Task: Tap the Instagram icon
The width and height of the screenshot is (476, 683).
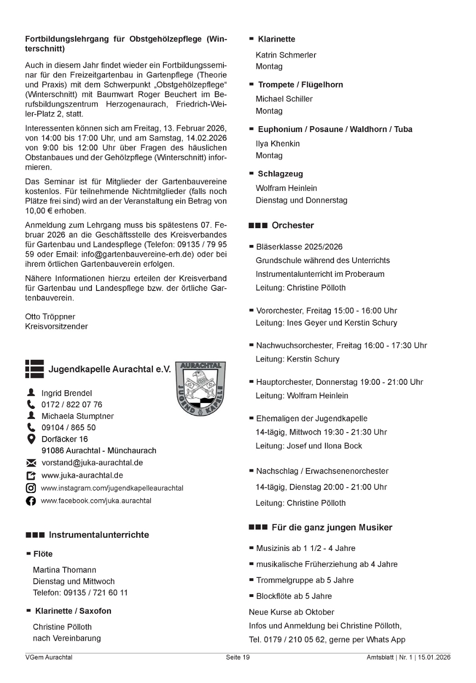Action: tap(31, 488)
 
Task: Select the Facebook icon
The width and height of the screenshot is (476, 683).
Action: tap(31, 501)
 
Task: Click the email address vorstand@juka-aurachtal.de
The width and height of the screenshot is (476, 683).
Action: tap(92, 463)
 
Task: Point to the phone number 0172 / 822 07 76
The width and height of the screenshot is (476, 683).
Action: tap(71, 404)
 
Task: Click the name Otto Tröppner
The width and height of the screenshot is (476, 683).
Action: tap(50, 316)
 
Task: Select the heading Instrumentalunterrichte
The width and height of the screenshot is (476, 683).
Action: tap(99, 535)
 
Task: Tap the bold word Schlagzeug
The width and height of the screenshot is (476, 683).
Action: tap(280, 173)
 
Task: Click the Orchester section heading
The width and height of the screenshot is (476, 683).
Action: tap(293, 225)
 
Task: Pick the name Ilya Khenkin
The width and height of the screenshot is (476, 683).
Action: tap(278, 143)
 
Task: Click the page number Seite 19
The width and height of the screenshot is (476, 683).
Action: tap(238, 657)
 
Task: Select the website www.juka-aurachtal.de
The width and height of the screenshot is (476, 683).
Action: tap(82, 475)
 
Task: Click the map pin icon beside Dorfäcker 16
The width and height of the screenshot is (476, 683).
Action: tap(31, 439)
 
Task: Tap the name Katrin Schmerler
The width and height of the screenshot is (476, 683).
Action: tap(286, 55)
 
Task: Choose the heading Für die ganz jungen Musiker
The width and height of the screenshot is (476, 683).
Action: tap(332, 527)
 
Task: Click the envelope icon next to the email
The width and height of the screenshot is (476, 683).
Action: tap(31, 463)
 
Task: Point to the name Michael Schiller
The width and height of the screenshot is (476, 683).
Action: tap(284, 99)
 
